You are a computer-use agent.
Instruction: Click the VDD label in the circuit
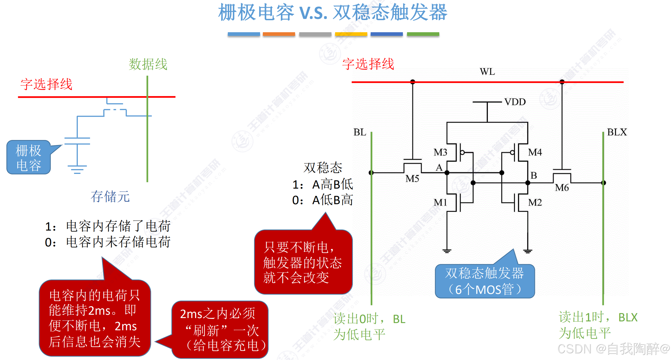tap(515, 102)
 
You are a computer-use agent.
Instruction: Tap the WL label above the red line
tap(487, 72)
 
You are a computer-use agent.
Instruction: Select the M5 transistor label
tap(412, 179)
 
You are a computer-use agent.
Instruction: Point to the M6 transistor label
tap(562, 188)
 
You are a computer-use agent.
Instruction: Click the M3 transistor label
tap(440, 152)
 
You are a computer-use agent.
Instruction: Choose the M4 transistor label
tap(535, 152)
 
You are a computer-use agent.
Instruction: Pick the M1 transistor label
tap(440, 202)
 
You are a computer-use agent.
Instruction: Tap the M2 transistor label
tap(535, 202)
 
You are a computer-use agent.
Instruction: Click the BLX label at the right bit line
tap(617, 132)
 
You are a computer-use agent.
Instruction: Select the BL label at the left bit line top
tap(360, 132)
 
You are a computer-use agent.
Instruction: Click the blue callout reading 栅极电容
tap(29, 158)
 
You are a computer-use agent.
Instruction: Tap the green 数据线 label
tap(148, 64)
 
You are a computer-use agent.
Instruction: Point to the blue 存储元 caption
tap(110, 197)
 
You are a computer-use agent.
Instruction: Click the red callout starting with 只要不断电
tap(303, 262)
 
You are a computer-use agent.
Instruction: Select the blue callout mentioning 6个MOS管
tap(485, 281)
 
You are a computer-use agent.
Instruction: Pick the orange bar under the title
tap(279, 34)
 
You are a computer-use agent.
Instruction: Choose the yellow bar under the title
tap(351, 34)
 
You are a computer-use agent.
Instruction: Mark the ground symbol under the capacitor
tap(77, 169)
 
